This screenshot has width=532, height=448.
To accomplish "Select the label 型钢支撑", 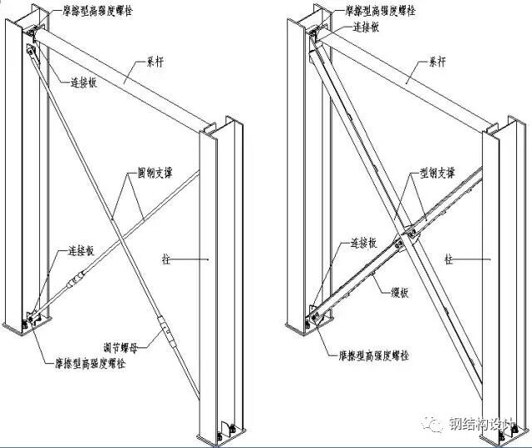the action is coord(436,175).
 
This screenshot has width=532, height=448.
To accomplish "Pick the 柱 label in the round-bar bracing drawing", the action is coord(167,259).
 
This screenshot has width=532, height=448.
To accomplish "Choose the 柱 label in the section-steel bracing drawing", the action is coord(448,259).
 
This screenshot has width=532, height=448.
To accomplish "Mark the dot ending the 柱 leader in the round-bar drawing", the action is coord(207,260).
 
